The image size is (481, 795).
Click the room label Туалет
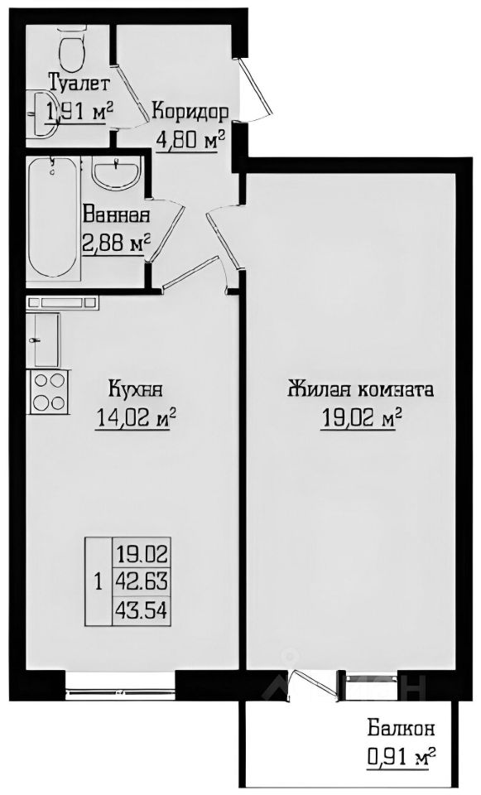coord(79,83)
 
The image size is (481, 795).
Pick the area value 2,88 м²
coord(116,243)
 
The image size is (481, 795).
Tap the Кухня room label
coord(135,388)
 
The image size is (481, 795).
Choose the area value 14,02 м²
coord(137,420)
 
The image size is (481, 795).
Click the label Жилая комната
coord(360,388)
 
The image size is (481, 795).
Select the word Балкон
coord(402,729)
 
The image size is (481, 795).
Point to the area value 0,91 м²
coord(402,756)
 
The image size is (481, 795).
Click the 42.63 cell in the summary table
coord(142,581)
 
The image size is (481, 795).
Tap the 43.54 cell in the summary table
coord(142,609)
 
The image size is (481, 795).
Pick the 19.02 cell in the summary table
coord(142,552)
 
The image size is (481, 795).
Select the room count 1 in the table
coord(99,582)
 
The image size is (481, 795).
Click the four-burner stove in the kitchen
coord(49,390)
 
